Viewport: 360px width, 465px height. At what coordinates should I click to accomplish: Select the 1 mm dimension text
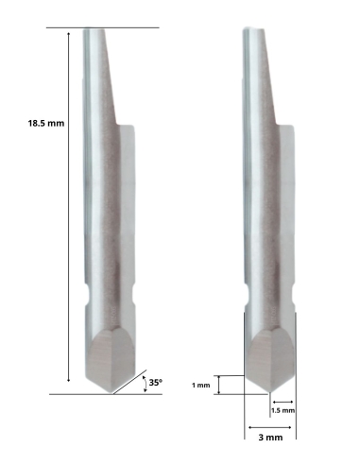(201, 386)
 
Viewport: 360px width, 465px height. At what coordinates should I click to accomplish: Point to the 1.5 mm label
(283, 411)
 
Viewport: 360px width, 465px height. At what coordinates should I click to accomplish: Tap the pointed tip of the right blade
(270, 392)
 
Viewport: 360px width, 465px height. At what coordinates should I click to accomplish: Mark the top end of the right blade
(252, 29)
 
